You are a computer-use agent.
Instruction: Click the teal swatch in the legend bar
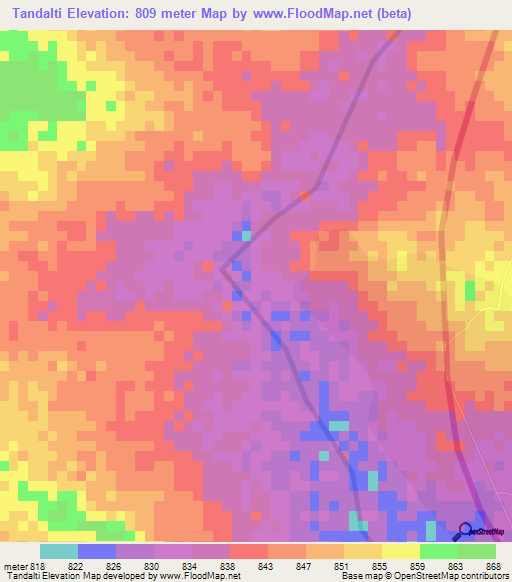(59, 551)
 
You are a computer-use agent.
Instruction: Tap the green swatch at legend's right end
(476, 551)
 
